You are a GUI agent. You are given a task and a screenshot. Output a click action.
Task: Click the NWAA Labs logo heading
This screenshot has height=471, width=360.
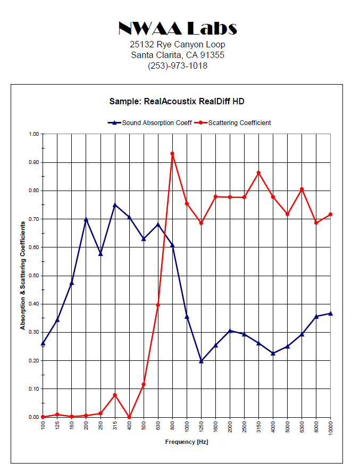[x=178, y=28]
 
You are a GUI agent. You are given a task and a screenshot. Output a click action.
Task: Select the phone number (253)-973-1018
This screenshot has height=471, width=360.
[x=178, y=66]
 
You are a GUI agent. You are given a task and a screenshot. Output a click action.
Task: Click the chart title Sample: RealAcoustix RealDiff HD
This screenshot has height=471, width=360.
[x=177, y=101]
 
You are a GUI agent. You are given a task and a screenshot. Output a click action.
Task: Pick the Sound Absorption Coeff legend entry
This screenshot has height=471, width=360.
[x=150, y=122]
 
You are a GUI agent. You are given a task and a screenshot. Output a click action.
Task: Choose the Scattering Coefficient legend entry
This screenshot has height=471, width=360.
[x=233, y=122]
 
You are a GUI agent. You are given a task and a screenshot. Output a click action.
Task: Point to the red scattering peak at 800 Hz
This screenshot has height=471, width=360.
[x=172, y=154]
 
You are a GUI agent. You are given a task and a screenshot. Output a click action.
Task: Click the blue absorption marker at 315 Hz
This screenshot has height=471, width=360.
[x=115, y=205]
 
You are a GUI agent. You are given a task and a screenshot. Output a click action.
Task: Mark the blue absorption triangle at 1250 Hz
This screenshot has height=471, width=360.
[x=201, y=361]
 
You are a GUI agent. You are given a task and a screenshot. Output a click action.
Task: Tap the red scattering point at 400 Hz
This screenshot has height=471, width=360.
[x=129, y=417]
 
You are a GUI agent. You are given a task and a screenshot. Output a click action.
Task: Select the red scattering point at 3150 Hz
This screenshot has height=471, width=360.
[x=258, y=173]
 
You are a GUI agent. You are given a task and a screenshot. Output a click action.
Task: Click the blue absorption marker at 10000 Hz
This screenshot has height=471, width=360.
[x=331, y=313]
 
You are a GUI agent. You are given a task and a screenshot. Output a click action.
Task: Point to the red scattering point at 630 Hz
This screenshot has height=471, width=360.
[x=158, y=305]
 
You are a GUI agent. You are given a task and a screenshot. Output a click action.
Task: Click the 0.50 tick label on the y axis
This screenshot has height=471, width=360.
[x=34, y=276]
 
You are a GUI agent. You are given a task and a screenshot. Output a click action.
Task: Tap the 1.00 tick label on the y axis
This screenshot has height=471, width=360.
[x=34, y=134]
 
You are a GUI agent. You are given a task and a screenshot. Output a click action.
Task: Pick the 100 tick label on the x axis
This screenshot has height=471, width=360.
[x=43, y=425]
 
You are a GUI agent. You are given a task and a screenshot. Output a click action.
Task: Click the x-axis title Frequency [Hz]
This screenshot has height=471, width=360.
[x=187, y=442]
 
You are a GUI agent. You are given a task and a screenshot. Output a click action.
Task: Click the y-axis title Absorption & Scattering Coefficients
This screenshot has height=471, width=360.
[x=23, y=276]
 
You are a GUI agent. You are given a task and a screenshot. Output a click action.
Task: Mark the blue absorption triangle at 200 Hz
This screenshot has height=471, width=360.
[x=86, y=220]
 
